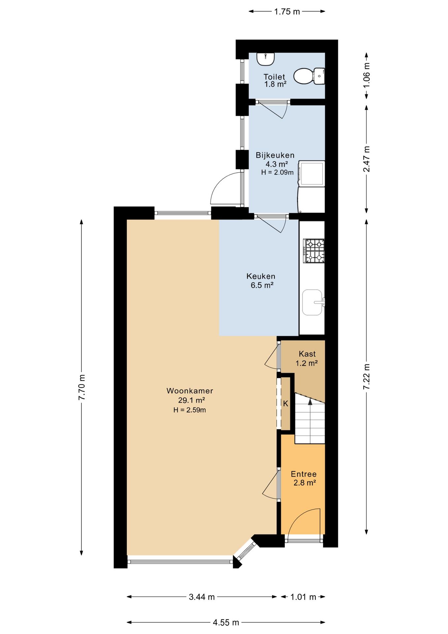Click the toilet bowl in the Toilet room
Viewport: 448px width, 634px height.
[x=309, y=76]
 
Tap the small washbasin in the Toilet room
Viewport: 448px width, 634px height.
[x=266, y=59]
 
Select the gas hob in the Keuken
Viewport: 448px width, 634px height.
[x=314, y=251]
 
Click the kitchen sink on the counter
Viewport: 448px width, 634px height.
[x=312, y=302]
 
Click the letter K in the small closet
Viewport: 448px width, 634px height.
[x=286, y=404]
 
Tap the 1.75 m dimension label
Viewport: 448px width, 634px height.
[x=287, y=12]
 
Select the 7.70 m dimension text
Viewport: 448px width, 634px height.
[x=81, y=387]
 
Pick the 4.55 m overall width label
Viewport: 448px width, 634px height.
[x=226, y=622]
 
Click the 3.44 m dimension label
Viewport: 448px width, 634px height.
[x=202, y=597]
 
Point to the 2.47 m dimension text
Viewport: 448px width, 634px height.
[x=367, y=159]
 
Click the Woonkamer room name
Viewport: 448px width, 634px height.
[x=190, y=391]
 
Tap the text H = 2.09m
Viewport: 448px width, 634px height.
[x=277, y=172]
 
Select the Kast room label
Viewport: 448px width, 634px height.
[x=307, y=354]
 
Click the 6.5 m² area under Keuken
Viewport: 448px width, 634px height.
[x=262, y=285]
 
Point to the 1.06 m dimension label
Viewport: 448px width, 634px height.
[x=367, y=75]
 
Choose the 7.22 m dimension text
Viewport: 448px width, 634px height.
[x=367, y=376]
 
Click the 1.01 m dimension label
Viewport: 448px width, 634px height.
[x=303, y=597]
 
